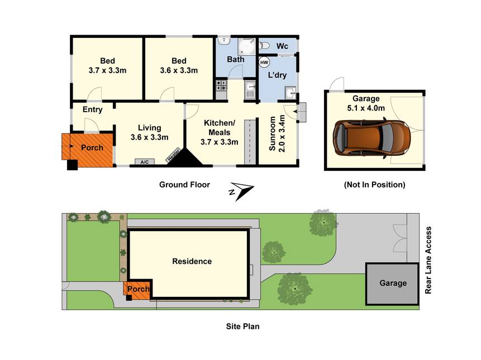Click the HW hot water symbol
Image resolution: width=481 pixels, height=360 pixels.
(264, 63)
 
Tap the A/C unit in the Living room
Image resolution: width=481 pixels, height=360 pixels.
(145, 162)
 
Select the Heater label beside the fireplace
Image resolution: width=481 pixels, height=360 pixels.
(173, 155)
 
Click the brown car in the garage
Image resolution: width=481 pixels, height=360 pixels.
(372, 137)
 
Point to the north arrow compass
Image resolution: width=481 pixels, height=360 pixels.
(241, 190)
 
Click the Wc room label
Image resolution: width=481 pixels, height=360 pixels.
(282, 46)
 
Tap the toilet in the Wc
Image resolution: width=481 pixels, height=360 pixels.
(264, 46)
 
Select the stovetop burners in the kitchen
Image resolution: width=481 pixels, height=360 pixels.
(221, 85)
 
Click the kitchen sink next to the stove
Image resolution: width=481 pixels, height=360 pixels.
(250, 90)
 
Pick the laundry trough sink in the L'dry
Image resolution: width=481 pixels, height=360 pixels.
(290, 93)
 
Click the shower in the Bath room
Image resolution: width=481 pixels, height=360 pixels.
(246, 46)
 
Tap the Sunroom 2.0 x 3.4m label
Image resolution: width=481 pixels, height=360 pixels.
(277, 133)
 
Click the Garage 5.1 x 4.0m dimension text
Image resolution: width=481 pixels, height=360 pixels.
(366, 108)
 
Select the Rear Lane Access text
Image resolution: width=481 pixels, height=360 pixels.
(428, 261)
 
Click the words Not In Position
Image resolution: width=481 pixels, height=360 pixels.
(374, 184)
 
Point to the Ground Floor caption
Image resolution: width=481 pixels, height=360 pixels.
(184, 184)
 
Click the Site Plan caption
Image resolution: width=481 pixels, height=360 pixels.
(242, 327)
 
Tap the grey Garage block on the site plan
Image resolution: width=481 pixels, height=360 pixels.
(392, 284)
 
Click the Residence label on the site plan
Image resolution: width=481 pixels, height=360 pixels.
(192, 261)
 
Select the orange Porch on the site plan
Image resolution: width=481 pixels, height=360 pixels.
(137, 290)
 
